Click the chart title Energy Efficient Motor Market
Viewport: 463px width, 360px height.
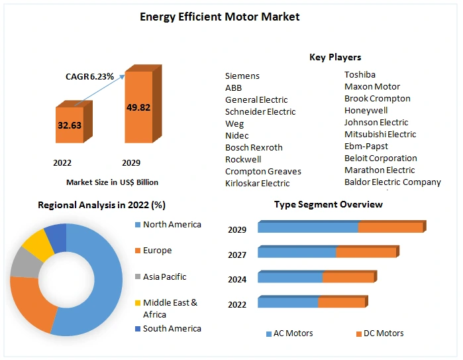(219, 17)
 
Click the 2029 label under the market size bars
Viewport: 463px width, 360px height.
(131, 162)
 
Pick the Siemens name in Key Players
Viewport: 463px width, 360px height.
(242, 76)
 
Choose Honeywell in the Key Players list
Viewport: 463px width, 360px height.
(366, 111)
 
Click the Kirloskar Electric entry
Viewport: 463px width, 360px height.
(257, 183)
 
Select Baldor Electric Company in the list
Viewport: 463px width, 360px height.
(392, 182)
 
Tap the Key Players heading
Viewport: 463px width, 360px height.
(335, 58)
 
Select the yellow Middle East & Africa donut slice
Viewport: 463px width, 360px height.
(38, 245)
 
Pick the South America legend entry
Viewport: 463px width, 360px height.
(171, 329)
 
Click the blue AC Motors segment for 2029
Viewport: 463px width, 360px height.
(308, 227)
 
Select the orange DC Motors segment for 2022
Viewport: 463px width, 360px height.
(341, 302)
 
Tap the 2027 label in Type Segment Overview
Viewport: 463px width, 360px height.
(237, 255)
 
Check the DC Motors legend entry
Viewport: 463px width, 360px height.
(383, 333)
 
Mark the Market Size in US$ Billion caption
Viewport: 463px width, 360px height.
(112, 182)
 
